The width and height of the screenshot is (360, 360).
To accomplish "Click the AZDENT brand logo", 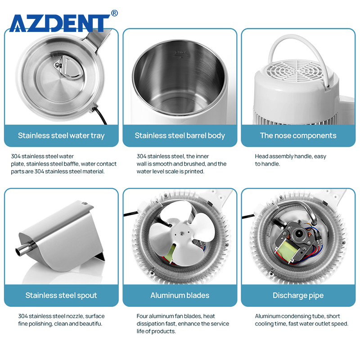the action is pos(60,23).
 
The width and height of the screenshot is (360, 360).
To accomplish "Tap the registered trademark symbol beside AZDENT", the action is pos(114,13).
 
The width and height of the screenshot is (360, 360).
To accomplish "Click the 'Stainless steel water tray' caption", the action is pos(61,136).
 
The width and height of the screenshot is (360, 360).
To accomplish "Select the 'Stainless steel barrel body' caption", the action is pos(180,136).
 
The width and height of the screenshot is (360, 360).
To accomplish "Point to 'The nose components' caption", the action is pos(298,136).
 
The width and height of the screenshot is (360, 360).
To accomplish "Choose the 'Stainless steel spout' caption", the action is pos(61,295).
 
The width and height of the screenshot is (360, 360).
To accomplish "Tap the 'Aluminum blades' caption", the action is pos(180,295).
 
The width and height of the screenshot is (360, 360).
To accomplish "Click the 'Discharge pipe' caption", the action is pos(298,295).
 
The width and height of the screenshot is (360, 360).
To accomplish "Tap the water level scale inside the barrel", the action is pos(181,54).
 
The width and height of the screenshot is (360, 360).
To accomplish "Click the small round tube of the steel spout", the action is pos(24,248).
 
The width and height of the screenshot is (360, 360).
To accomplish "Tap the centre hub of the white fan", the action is pos(181,234).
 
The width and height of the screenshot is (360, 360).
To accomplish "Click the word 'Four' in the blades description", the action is pos(142,316).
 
